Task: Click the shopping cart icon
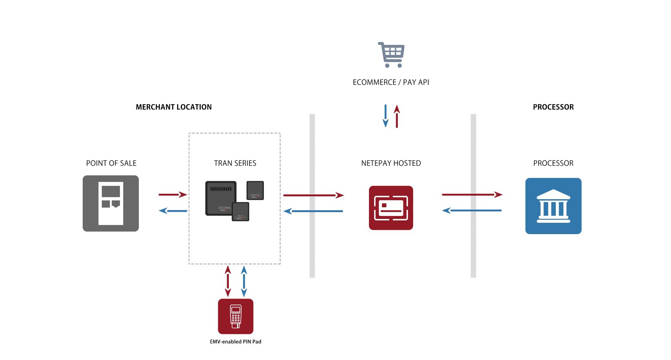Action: pos(391,55)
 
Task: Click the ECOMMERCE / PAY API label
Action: pos(391,82)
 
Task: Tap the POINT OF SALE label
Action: pos(111,163)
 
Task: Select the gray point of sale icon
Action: pos(111,203)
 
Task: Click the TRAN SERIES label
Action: pos(235,163)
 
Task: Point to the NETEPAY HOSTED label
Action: pos(391,163)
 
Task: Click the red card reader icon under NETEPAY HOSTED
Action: pos(391,208)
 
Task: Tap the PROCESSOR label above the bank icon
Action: pos(553,163)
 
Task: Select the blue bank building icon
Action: pos(553,206)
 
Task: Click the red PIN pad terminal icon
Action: pos(235,316)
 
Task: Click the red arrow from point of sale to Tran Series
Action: pos(173,195)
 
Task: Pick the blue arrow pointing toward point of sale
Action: pos(173,211)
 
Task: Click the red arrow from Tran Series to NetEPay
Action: pos(313,195)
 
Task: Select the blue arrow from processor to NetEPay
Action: pos(472,211)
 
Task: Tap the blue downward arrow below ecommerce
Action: pos(386,116)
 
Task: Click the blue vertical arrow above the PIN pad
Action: pos(244,281)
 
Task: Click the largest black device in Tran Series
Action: pos(220,198)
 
